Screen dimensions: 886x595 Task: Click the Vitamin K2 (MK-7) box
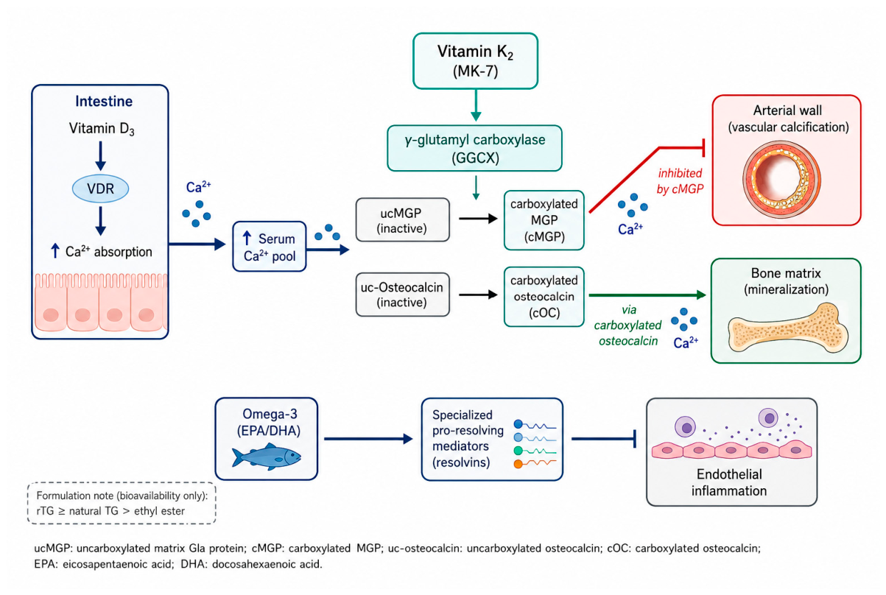pos(476,61)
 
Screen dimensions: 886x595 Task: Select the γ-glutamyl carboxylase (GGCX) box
pos(474,148)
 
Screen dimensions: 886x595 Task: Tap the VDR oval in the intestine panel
pos(100,189)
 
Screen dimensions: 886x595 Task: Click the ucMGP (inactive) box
pos(403,220)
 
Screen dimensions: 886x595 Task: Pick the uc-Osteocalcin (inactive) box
pos(403,295)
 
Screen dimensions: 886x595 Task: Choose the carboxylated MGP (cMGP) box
pos(544,220)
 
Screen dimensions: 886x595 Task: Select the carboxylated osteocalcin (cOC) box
pos(544,297)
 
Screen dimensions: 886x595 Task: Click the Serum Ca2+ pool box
pos(270,246)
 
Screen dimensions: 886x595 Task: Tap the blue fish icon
pos(267,457)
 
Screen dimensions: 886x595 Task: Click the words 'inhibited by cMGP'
pos(680,181)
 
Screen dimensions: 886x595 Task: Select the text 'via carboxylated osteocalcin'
pos(627,325)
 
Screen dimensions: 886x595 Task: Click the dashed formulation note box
pos(122,503)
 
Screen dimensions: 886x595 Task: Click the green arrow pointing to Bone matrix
pos(647,295)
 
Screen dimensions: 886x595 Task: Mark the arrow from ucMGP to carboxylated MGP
pos(478,218)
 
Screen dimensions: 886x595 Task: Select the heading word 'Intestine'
pos(104,101)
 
